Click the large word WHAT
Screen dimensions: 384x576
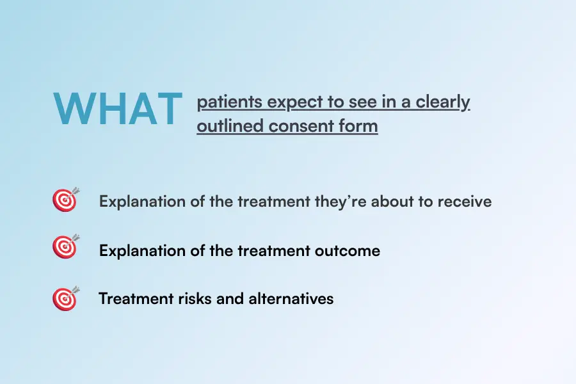(x=118, y=109)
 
